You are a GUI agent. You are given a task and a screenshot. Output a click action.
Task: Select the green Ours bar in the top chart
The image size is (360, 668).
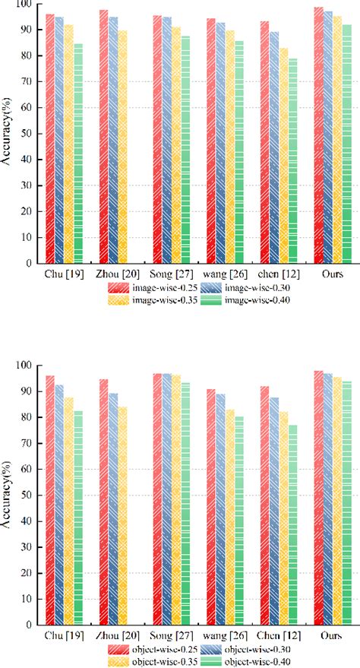click(346, 144)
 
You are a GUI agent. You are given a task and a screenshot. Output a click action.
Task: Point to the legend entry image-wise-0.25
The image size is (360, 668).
click(152, 288)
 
